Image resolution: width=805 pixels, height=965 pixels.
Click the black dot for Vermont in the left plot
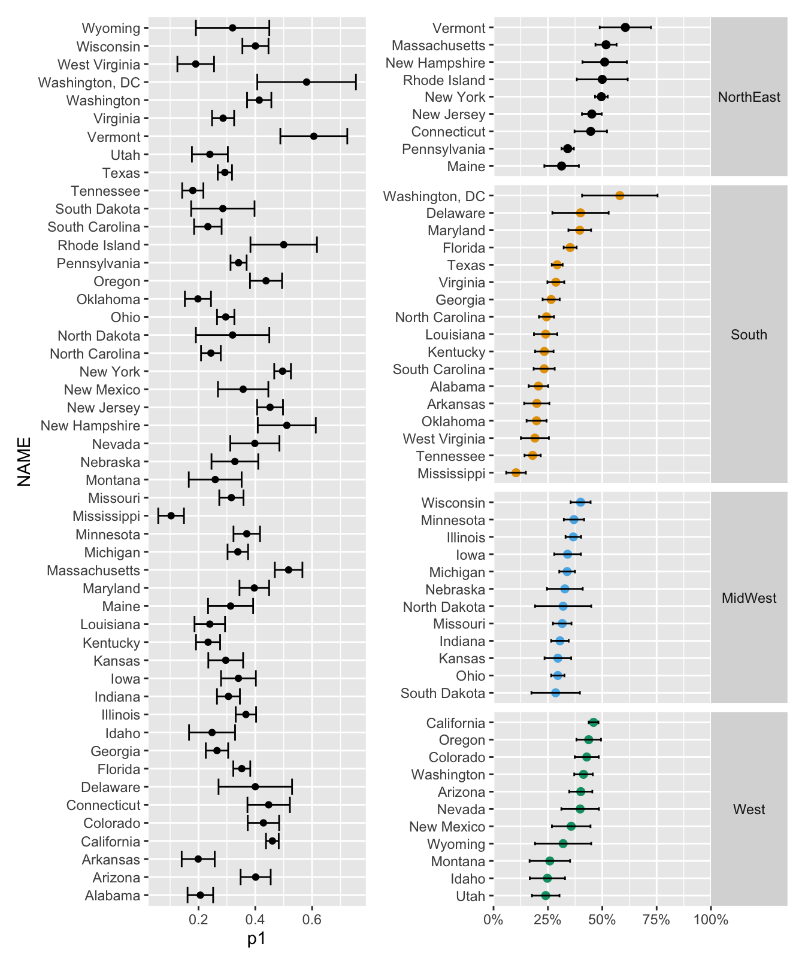tap(314, 136)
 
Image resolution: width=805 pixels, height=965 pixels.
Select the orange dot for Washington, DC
tap(619, 196)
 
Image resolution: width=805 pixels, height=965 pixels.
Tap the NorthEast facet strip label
tap(749, 97)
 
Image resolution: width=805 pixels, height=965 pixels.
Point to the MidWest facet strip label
tap(749, 598)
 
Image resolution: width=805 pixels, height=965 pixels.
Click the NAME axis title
tap(24, 462)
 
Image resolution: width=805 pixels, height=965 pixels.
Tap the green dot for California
tap(594, 723)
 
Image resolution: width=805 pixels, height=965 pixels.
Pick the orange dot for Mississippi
tap(516, 473)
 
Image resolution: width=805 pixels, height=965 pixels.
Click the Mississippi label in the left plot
tap(106, 516)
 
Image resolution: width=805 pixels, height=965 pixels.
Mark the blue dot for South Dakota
tap(555, 693)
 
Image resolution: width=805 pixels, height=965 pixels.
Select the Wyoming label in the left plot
tap(111, 28)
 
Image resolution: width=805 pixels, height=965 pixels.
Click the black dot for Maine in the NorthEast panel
tap(561, 166)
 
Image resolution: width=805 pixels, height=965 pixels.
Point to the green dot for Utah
tap(545, 896)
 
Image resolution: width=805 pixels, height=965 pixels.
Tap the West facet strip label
tap(749, 809)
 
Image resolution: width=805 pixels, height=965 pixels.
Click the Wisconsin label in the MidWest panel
tap(453, 503)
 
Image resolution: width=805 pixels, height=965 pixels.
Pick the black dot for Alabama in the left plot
tap(200, 895)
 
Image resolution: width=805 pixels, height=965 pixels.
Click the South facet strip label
tap(749, 335)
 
